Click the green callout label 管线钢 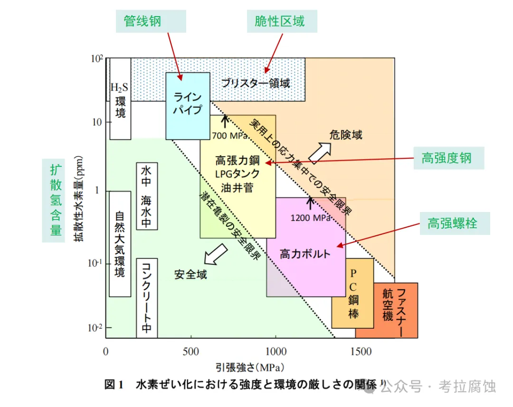[142, 22]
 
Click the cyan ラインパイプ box [188, 105]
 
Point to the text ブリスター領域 [256, 83]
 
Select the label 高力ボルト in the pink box [305, 254]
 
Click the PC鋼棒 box [353, 293]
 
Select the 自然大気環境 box [120, 244]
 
